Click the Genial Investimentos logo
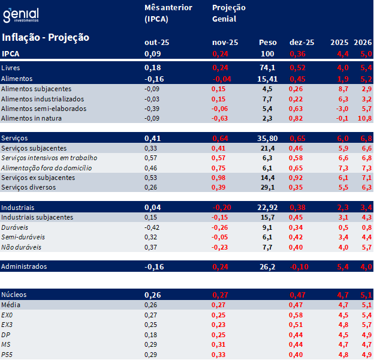coord(20,15)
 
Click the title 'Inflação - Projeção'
coord(46,37)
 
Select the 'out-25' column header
coord(156,42)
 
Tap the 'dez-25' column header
coord(301,42)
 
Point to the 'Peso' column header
coord(267,42)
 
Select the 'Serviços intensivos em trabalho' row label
coord(49,158)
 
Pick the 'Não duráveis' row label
coord(21,247)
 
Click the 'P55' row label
coord(7,354)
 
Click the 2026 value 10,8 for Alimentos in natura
coord(364,118)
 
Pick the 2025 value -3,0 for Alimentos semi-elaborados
coord(340,109)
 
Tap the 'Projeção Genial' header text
coord(225,13)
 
